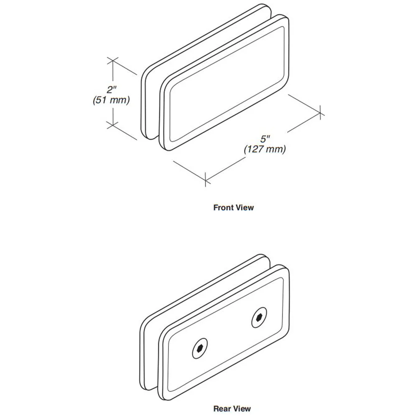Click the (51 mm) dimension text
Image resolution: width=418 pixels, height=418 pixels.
pos(112,100)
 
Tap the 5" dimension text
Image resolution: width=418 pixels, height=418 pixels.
pos(265,139)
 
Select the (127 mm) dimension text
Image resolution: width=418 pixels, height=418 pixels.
pos(265,149)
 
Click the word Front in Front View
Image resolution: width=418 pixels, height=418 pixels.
pos(224,208)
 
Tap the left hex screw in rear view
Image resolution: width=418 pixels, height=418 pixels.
pos(200,349)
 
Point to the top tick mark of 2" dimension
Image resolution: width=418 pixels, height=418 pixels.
pos(113,61)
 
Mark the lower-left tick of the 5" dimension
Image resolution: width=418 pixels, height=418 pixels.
pos(206,179)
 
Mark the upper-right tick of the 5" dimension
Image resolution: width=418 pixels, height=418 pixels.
pos(321,112)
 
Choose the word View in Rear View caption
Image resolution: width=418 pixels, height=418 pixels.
pos(241,408)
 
